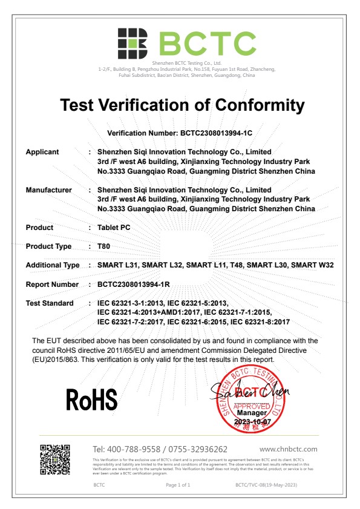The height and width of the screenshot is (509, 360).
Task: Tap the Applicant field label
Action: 42,152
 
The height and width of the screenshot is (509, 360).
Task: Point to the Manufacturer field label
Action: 48,190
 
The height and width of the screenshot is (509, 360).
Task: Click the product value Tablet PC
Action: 114,228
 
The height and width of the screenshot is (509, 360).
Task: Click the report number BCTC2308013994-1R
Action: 131,284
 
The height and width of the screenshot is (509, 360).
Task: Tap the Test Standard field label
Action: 50,303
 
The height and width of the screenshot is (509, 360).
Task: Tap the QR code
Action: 55,460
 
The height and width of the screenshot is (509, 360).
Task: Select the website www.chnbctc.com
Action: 288,449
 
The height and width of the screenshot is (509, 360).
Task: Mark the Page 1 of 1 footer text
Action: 178,485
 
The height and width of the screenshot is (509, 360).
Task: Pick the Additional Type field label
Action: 53,265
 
